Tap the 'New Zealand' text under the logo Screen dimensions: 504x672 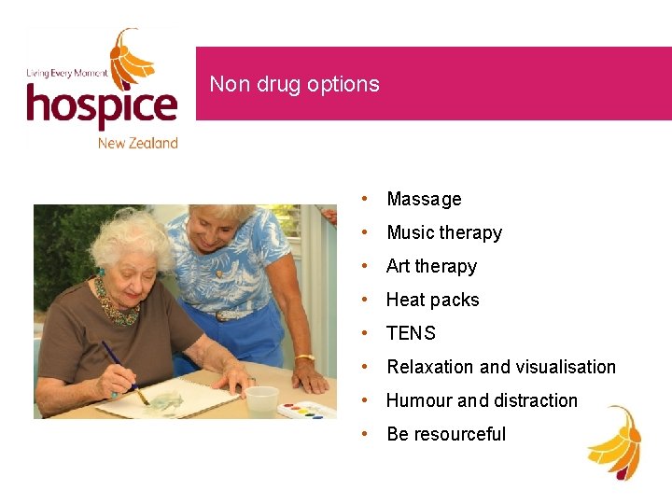(137, 143)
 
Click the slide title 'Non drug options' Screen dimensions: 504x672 (294, 84)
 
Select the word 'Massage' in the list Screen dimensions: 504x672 (424, 199)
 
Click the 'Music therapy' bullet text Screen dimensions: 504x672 (444, 232)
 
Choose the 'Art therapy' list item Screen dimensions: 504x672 (431, 266)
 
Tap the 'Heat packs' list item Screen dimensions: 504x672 (432, 300)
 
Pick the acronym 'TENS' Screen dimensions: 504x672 (411, 333)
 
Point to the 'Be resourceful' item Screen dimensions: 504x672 (446, 434)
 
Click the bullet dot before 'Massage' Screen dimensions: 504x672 (370, 199)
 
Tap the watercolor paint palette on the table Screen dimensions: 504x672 (307, 409)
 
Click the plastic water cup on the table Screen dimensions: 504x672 (261, 400)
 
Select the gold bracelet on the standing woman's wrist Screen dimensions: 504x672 (304, 357)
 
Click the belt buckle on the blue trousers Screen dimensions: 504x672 (227, 315)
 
